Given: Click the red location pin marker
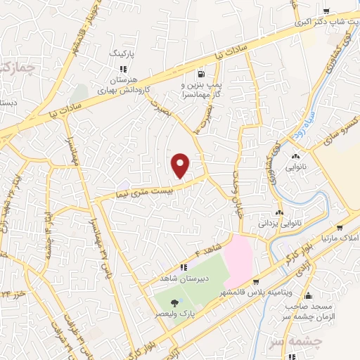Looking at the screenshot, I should coord(181,166).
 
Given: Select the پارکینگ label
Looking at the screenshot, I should coord(127,53).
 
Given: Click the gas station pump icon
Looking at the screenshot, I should coord(202,73).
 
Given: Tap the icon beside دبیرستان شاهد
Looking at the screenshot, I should coord(182,267).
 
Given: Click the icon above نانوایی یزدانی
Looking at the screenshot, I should coord(281,212).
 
